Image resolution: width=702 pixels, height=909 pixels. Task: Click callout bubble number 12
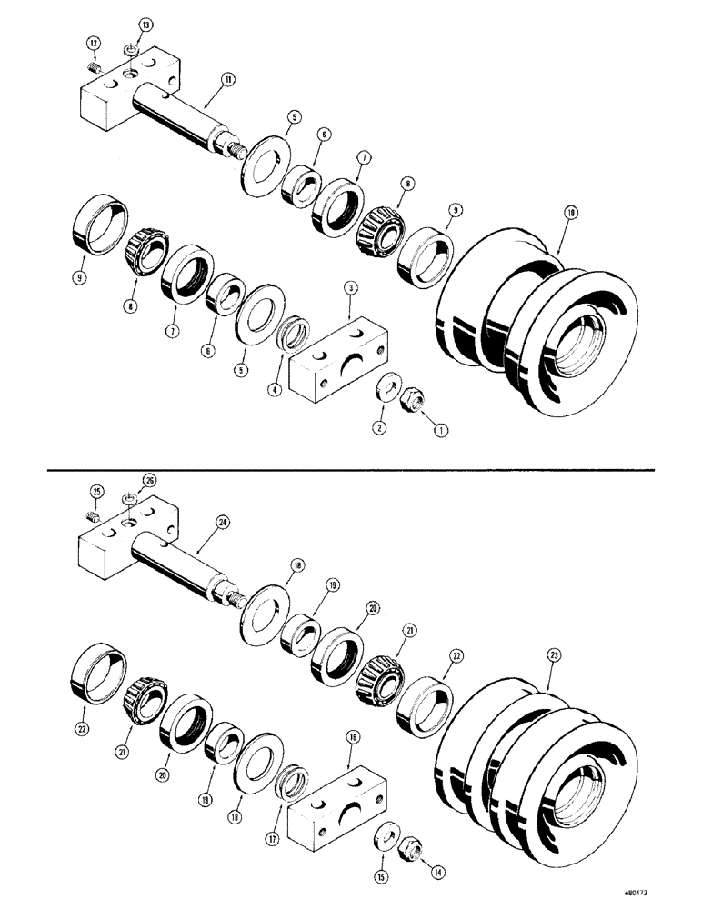pos(93,43)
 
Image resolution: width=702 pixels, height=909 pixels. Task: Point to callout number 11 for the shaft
pos(227,80)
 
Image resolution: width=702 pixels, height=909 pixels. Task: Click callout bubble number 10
pos(570,213)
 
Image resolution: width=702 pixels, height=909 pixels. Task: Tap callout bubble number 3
pos(350,288)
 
